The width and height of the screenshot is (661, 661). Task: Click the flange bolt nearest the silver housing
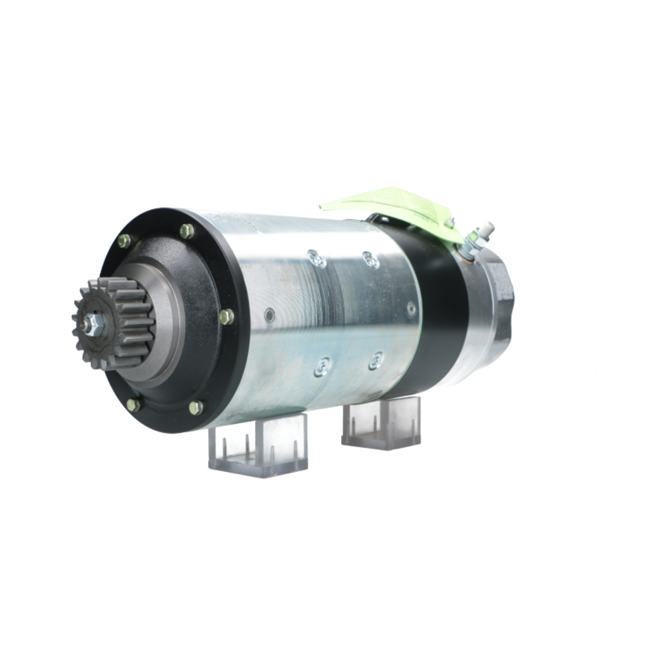pos(227,317)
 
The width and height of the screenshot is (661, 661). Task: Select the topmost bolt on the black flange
pos(187,231)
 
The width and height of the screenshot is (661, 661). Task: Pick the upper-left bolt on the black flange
pos(124,241)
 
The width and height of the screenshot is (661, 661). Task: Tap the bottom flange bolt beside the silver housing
pos(196,407)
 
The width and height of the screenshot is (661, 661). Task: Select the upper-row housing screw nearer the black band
pos(371,259)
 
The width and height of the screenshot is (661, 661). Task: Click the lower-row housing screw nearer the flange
pos(323,366)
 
